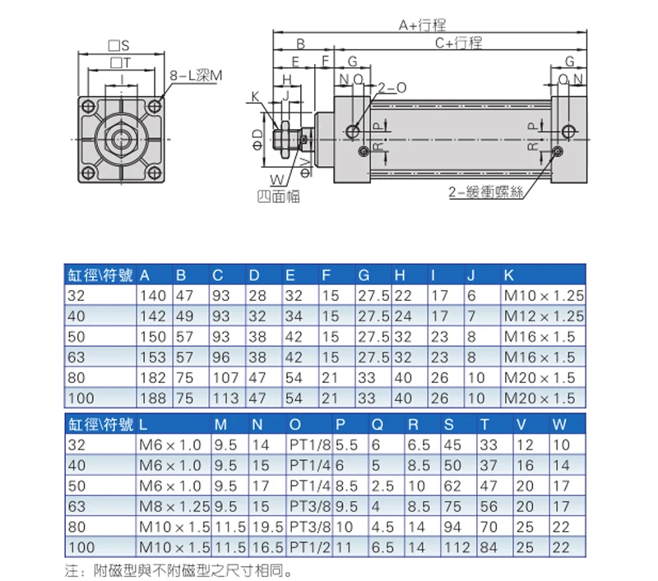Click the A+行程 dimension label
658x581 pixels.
coord(422,25)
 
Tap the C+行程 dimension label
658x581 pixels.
coord(459,43)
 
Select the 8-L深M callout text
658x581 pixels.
coord(196,76)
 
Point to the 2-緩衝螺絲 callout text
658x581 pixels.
coord(486,192)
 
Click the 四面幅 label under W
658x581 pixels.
coord(279,196)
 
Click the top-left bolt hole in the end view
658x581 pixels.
coord(88,106)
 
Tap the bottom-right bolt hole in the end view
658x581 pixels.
coord(155,173)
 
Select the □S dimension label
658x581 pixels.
coord(118,45)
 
